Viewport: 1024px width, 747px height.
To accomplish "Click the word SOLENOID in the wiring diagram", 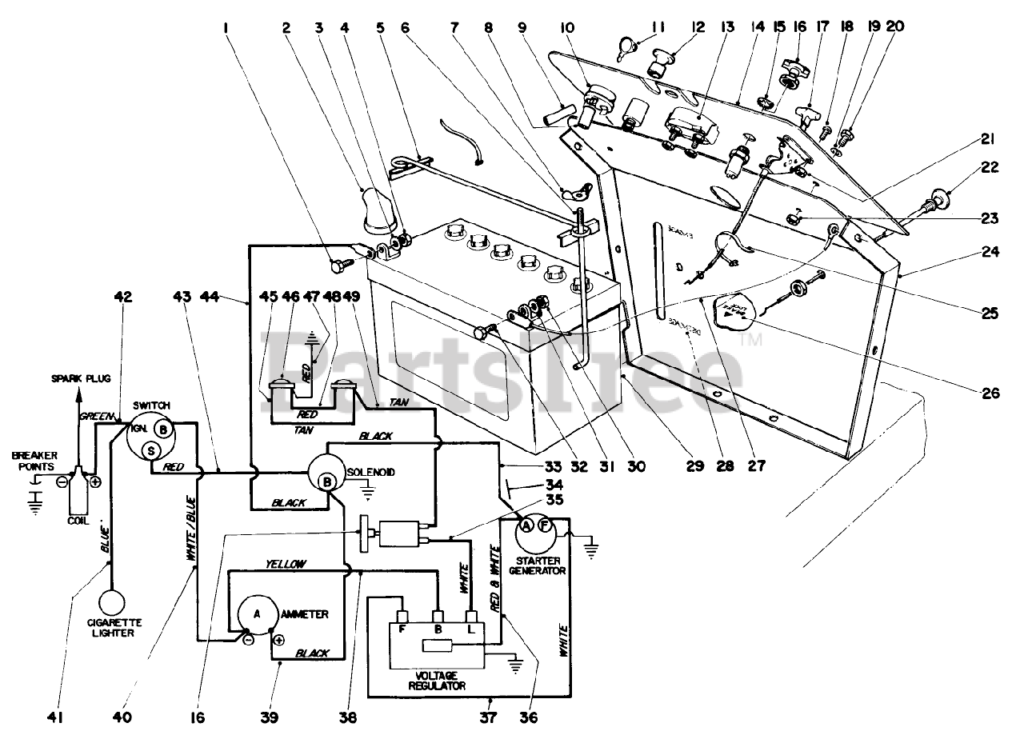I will [x=370, y=473].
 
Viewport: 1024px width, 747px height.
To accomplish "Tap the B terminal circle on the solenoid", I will [x=327, y=481].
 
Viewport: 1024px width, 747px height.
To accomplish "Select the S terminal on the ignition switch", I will [x=150, y=452].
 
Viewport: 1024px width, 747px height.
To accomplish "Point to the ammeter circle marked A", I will [x=257, y=613].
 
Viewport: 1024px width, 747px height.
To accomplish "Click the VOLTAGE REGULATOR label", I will [x=437, y=680].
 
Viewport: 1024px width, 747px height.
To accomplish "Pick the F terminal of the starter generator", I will [x=544, y=525].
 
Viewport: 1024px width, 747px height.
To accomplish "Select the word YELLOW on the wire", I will [x=286, y=564].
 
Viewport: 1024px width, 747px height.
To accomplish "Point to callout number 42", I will [x=122, y=297].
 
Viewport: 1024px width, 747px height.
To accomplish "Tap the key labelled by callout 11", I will [x=624, y=53].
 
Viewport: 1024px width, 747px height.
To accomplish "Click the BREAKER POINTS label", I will [x=34, y=461].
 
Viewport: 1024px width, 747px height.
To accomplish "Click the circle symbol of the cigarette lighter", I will [x=115, y=601].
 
